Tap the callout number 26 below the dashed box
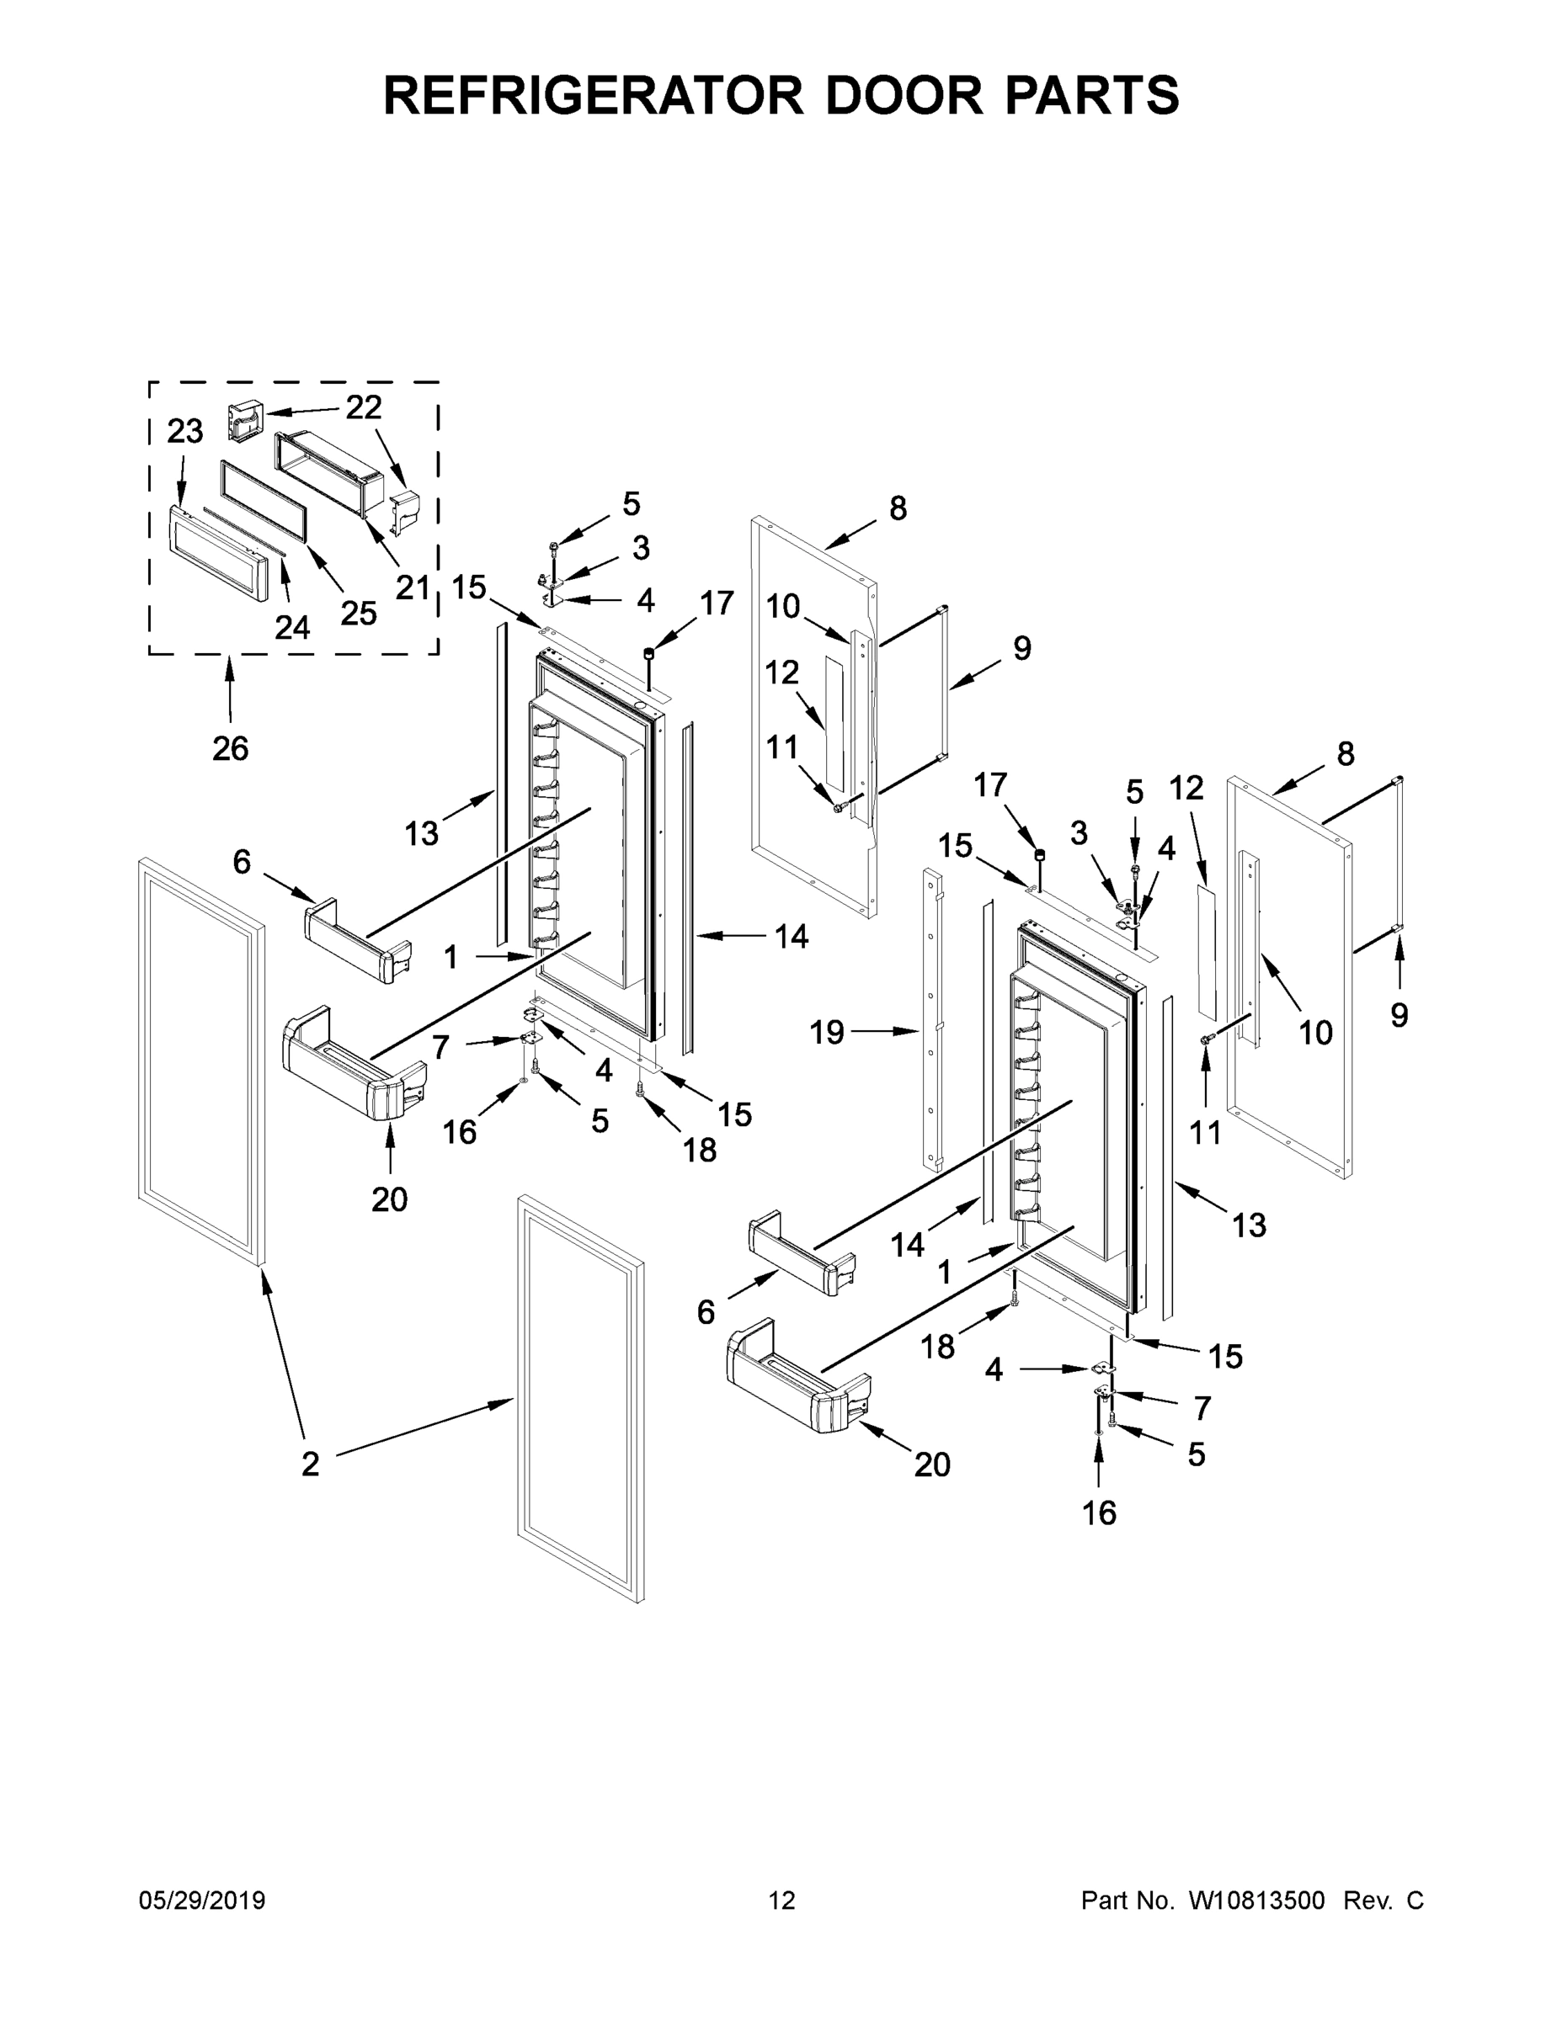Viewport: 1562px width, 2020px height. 231,748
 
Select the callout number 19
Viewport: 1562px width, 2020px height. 826,1032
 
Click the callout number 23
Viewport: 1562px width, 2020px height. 184,431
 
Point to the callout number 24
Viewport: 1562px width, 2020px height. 292,627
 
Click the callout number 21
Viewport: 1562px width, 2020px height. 413,587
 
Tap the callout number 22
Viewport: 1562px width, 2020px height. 364,407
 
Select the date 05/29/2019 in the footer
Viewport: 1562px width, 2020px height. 202,1900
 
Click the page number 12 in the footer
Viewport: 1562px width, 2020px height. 782,1900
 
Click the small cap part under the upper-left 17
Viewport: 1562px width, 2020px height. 648,656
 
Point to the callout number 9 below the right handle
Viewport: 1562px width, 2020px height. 1399,1016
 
